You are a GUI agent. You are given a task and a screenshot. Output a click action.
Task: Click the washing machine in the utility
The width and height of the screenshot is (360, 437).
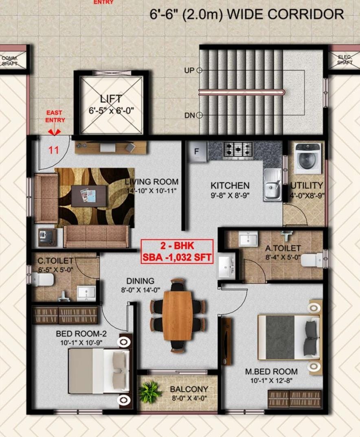[308, 158]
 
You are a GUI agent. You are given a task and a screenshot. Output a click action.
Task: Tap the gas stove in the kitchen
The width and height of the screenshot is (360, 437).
[238, 149]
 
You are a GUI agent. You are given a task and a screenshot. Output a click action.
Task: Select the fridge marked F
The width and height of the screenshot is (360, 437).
[198, 152]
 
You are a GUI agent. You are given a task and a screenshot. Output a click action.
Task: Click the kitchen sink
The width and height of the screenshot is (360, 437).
[272, 184]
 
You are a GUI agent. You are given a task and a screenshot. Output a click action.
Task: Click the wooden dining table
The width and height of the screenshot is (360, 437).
[178, 315]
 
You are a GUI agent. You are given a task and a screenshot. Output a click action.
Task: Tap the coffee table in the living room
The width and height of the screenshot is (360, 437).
[89, 196]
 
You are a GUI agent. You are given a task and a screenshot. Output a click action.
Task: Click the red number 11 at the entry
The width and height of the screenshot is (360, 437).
[54, 150]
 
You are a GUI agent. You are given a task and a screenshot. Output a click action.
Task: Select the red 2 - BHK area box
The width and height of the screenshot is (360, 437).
[177, 251]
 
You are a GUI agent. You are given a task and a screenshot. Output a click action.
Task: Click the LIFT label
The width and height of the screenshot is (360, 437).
[111, 98]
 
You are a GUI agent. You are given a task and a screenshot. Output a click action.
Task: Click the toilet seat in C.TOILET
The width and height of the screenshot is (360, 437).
[43, 280]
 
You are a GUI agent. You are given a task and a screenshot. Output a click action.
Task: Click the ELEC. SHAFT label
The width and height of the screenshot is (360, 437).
[345, 60]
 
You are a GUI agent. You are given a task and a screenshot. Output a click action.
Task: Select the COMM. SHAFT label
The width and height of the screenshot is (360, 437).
[10, 61]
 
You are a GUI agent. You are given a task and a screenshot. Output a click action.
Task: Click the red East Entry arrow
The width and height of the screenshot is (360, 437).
[55, 132]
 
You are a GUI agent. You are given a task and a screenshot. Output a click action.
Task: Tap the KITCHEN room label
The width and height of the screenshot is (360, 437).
[230, 185]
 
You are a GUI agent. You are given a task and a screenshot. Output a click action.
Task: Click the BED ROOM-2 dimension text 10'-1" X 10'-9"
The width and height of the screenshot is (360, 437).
[81, 343]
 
